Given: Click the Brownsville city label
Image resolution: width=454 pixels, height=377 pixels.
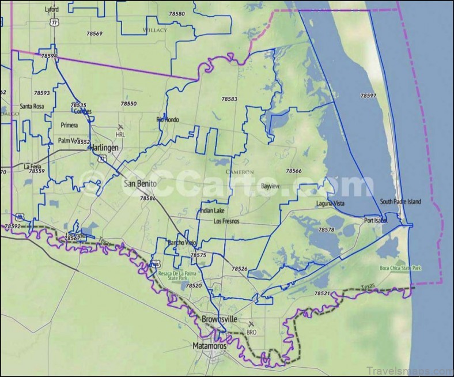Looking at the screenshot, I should pos(219,319).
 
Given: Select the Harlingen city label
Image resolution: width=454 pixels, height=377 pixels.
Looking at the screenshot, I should pos(104,148).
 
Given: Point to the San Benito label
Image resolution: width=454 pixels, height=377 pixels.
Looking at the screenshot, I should pos(140,183).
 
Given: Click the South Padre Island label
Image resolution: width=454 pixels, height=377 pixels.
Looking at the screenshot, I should pos(400,202).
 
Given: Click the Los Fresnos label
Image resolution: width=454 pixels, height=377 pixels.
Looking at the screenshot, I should pos(226,221).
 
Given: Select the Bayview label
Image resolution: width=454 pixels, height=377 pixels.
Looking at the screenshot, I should pos(270,186).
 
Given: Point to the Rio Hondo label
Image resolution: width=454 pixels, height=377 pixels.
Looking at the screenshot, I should pos(168,119).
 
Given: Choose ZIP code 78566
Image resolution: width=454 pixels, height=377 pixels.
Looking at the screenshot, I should pos(294,171).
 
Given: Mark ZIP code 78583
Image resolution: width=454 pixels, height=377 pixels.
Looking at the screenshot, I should pos(229,99).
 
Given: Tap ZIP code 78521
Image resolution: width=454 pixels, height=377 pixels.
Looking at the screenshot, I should pos(322,293).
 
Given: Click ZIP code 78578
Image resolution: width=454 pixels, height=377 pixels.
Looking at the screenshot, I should pos(326,229).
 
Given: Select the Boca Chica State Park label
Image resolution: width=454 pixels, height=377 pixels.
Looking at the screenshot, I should pos(401,269).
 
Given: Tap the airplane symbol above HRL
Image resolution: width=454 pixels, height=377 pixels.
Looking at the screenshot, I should pos(120,127).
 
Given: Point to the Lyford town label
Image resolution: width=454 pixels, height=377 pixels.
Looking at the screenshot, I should pos(52,10).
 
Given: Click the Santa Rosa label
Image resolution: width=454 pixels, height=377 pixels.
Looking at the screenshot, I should pos(32,106).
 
